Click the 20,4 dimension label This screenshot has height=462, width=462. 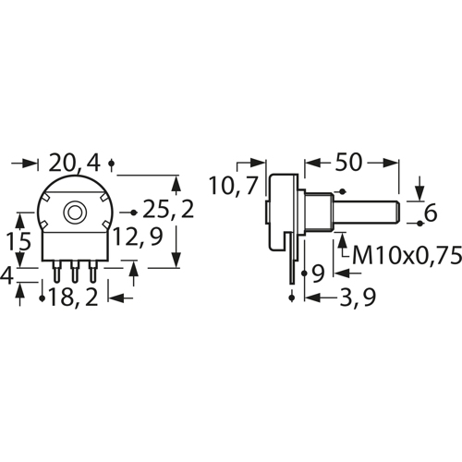coord(75,164)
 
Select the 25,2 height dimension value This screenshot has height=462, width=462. coord(168,210)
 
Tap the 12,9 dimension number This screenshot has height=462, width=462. coord(138,237)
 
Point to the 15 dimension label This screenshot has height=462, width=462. coord(18,241)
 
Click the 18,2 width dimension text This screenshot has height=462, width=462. coord(73,297)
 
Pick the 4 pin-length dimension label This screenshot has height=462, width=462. coord(6,275)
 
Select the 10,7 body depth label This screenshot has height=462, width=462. coord(233,186)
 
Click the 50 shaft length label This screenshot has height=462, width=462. coord(348,162)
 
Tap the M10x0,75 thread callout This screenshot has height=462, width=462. coord(407,256)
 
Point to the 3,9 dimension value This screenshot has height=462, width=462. coord(358,298)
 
